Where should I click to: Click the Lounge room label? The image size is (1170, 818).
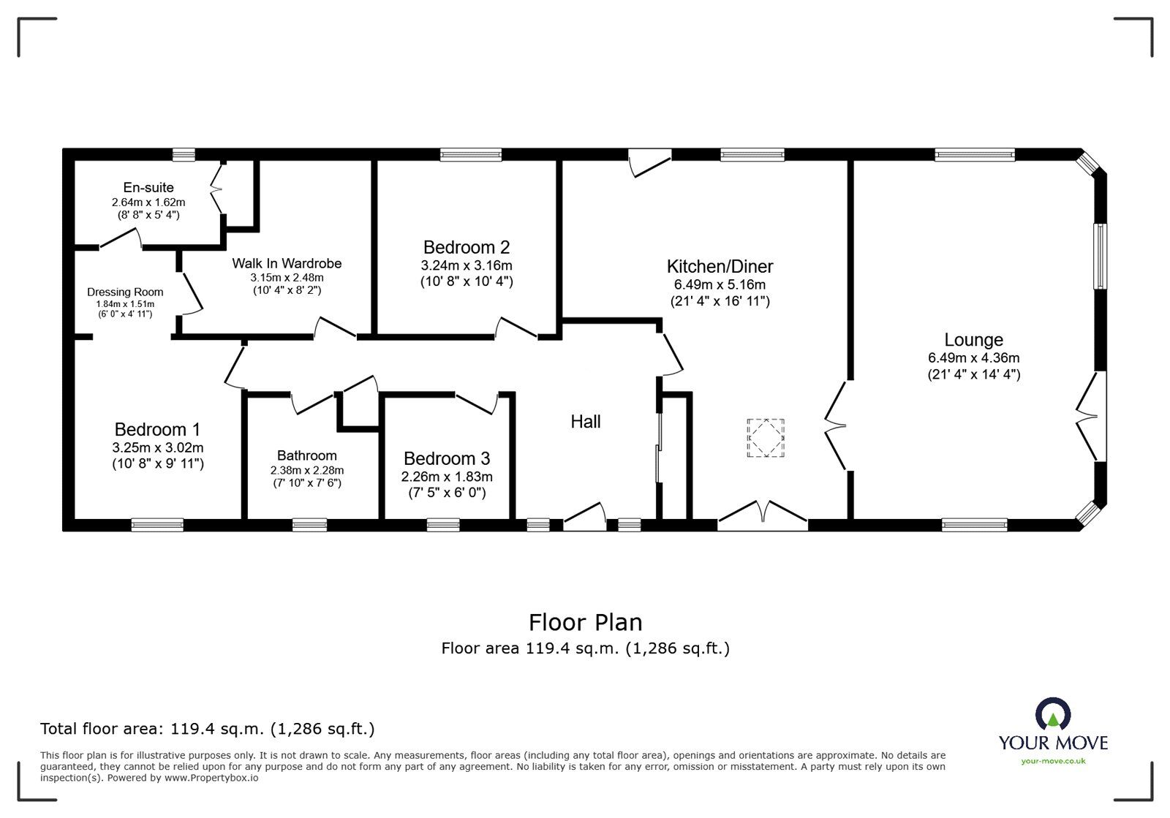click(973, 340)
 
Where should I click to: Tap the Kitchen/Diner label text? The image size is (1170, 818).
click(720, 267)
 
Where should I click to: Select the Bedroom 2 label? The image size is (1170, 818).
click(467, 248)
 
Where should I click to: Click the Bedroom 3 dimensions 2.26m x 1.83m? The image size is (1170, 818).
click(447, 477)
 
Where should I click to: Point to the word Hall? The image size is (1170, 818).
click(586, 422)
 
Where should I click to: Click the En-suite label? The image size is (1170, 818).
click(148, 188)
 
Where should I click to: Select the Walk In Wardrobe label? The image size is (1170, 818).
click(287, 263)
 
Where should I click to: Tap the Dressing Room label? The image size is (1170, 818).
click(125, 292)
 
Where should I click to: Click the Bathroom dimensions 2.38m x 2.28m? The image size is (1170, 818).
click(306, 470)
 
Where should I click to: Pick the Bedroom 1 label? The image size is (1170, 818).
click(157, 430)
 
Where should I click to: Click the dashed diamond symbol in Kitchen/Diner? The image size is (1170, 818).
click(765, 438)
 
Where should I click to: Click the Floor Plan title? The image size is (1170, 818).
click(585, 623)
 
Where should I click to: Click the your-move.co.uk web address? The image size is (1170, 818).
click(1053, 762)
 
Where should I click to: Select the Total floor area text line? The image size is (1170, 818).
click(208, 729)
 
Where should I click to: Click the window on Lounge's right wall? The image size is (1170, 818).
click(1099, 256)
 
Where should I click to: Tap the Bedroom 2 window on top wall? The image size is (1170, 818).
click(471, 154)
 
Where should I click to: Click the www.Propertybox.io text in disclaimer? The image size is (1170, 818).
click(211, 778)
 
